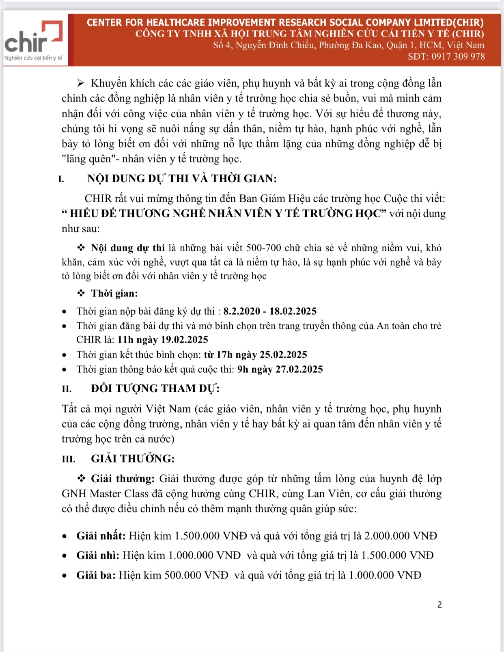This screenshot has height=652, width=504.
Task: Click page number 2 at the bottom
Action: pos(439,605)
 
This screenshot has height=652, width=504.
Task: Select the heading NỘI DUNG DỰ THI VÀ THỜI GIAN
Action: pos(182,179)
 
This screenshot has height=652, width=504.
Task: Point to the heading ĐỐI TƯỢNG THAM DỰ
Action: pos(155,389)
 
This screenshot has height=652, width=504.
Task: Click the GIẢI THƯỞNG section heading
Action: pos(133,459)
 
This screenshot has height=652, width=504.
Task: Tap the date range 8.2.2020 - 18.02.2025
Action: pos(270,311)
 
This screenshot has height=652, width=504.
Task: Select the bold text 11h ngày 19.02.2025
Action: pos(163,340)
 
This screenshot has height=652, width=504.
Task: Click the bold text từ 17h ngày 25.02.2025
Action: pos(255,355)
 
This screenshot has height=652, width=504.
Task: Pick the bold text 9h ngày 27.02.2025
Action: pos(280,369)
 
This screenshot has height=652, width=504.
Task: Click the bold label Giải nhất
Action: pos(101,536)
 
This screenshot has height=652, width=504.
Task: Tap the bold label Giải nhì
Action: pos(98,555)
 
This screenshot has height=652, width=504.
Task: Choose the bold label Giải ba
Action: pos(96,575)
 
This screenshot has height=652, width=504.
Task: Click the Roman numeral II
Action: pos(67,389)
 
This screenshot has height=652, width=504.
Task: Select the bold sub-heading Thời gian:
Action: pos(114,294)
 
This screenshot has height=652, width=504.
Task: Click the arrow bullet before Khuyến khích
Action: pos(80,83)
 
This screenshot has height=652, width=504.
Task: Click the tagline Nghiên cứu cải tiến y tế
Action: pos(33,58)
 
